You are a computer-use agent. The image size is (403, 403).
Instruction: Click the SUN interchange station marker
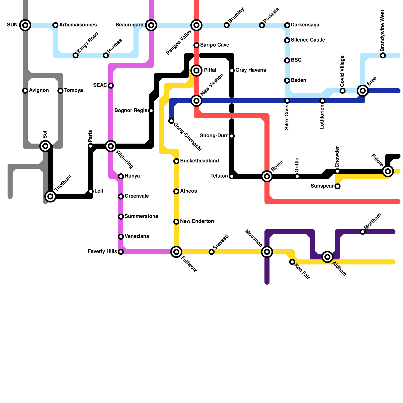[25, 25]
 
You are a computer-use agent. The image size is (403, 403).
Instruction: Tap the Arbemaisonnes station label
[78, 25]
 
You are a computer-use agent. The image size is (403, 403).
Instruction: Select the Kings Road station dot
[76, 55]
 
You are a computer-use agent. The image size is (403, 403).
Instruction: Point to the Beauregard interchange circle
[151, 25]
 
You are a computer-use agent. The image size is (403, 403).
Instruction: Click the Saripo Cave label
[215, 45]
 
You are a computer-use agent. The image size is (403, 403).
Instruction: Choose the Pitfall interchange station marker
[196, 70]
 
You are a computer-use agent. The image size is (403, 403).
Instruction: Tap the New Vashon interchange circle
[196, 101]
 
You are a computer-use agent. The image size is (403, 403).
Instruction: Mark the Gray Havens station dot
[232, 71]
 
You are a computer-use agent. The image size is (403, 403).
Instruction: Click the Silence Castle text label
[308, 40]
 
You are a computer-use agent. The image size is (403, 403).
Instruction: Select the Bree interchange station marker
[363, 91]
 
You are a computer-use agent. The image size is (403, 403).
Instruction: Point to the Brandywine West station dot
[383, 55]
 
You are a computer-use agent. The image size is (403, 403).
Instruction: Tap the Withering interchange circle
[111, 146]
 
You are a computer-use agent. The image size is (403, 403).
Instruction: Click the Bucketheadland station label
[199, 161]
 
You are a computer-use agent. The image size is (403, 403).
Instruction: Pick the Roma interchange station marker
[267, 176]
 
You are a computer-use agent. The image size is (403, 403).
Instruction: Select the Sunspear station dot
[338, 186]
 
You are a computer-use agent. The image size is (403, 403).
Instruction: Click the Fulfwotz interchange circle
[176, 252]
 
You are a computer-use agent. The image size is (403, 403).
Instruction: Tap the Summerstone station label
[141, 216]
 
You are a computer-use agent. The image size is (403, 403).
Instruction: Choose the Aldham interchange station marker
[327, 257]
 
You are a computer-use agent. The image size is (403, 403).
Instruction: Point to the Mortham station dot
[363, 232]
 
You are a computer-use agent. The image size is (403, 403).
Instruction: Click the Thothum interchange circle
[50, 196]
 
